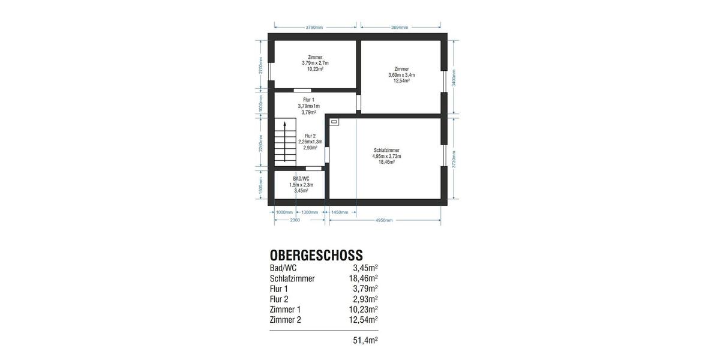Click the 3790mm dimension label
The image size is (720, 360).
pos(314,27)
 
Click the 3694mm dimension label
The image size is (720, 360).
pos(400,27)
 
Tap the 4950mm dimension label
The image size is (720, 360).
pos(384,220)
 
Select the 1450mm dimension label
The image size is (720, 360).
pos(340,212)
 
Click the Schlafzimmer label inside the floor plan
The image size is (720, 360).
pos(386,150)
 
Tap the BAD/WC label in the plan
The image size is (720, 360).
pos(301,179)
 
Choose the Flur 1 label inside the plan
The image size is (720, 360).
pos(308,100)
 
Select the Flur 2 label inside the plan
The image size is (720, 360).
pos(310,136)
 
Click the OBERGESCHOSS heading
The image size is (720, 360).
pos(316,256)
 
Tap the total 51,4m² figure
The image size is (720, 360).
pos(365,340)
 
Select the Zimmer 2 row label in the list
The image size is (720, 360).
pos(286,320)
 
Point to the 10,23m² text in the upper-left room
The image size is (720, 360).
pos(315,69)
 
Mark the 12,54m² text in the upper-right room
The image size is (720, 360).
pos(401,81)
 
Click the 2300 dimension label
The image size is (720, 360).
pos(295,220)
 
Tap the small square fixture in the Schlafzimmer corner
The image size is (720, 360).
pos(334,122)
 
